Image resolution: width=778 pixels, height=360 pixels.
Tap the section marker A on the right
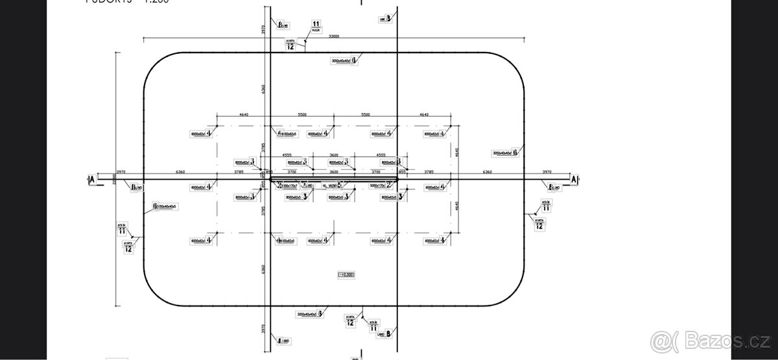pos(573,179)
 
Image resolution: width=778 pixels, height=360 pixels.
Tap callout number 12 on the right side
pos(539,225)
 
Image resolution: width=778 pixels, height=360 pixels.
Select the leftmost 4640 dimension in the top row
pos(244,114)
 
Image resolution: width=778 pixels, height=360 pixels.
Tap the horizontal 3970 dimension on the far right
pos(546,172)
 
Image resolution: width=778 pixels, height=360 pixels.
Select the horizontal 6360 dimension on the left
pos(180,172)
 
